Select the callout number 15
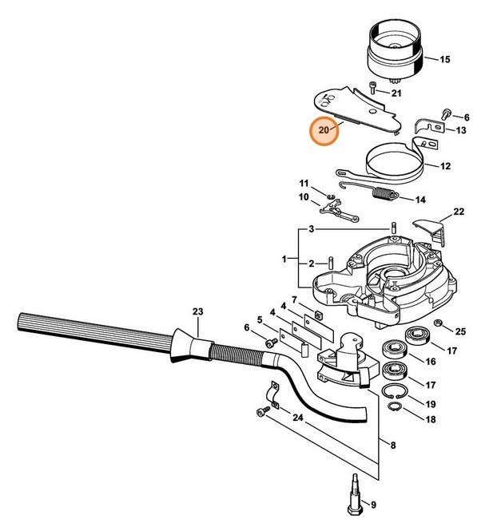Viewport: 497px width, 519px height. [x=444, y=59]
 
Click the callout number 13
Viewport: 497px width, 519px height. [x=461, y=131]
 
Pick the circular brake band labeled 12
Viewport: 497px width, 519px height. [x=392, y=165]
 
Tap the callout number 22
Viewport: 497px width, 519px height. [x=458, y=212]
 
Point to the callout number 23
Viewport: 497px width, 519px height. [x=197, y=311]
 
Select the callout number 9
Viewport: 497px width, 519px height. [x=393, y=503]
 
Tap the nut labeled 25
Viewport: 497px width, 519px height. [x=439, y=323]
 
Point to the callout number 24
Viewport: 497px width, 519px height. [x=296, y=417]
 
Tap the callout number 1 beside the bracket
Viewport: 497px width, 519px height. [x=284, y=259]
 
